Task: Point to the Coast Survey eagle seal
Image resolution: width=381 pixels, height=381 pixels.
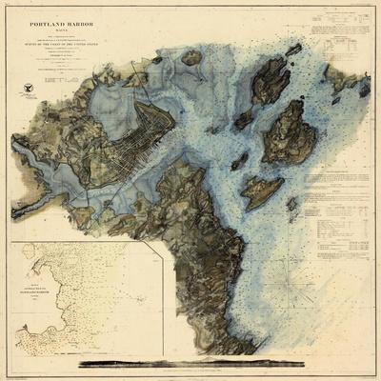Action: [25, 89]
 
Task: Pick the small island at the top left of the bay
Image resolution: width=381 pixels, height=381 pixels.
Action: [191, 57]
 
